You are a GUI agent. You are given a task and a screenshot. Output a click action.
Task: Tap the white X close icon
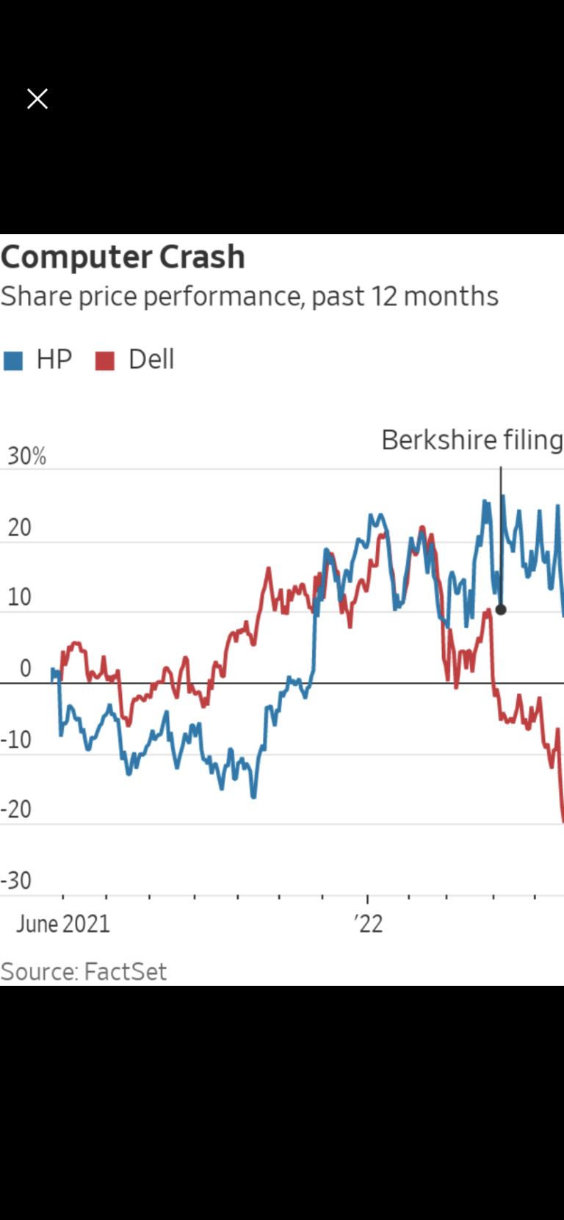pos(37,99)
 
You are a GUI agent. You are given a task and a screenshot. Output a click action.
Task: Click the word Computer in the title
pos(76,258)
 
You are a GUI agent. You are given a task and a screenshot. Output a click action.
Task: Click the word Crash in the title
pos(202,257)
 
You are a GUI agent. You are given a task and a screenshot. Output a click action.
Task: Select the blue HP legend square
pos(13,360)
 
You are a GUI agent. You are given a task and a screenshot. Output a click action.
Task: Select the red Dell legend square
pos(105,360)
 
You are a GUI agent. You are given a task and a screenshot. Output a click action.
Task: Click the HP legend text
pos(54,360)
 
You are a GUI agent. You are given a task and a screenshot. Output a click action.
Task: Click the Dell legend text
pos(151,360)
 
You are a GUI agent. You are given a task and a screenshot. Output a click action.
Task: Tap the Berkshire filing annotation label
pos(471,440)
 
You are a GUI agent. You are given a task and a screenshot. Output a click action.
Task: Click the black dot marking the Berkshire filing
pos(501,609)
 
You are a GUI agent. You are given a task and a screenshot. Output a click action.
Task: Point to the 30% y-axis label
pos(27,457)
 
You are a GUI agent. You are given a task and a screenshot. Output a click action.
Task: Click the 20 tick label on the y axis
pos(20,527)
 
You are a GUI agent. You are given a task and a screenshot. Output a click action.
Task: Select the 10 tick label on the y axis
pos(20,598)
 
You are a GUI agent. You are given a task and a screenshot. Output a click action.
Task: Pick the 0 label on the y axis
pos(26,669)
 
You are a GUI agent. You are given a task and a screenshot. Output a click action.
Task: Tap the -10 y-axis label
pos(16,739)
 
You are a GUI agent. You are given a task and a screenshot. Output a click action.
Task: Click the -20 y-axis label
pos(16,810)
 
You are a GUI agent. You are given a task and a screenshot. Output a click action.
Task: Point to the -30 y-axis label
pos(16,880)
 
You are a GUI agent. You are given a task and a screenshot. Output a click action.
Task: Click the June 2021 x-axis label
pos(63,923)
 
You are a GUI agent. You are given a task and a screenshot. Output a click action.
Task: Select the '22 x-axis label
pos(369,923)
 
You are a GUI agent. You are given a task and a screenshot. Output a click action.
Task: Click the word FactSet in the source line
pos(125,972)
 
